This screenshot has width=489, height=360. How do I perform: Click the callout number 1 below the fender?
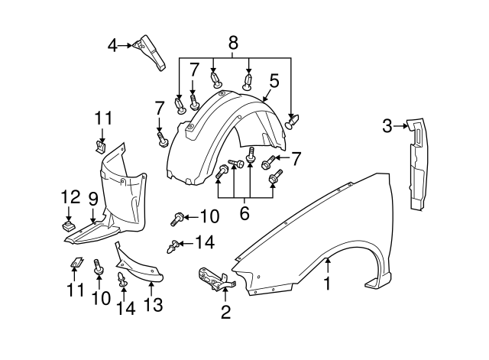point(327,284)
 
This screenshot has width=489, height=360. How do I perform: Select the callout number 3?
point(387,125)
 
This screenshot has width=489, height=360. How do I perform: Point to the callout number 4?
point(112,45)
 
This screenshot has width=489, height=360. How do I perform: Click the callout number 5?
point(274,79)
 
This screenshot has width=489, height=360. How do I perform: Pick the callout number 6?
point(244,214)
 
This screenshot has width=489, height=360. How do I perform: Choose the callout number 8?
point(233,43)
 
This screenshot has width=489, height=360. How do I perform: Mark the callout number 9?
point(92,199)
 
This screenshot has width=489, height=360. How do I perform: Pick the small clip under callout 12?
point(69,225)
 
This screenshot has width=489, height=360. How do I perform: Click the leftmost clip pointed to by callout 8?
point(180,105)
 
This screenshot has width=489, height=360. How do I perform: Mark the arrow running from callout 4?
point(126,46)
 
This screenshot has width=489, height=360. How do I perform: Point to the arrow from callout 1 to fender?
point(327,268)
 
